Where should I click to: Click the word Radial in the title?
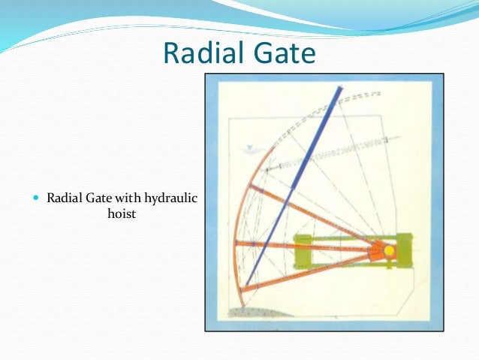pos(199,53)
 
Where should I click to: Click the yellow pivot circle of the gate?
pos(389,250)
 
